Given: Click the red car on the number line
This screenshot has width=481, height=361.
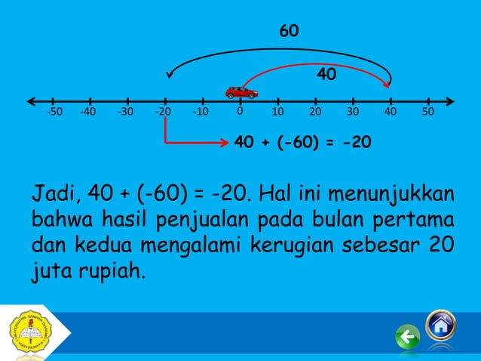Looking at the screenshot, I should [241, 92].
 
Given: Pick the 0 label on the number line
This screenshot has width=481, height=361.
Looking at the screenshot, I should [238, 111].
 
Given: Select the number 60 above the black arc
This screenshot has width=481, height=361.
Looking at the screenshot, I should [289, 32].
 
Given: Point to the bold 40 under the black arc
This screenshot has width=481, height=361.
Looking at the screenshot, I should [326, 75].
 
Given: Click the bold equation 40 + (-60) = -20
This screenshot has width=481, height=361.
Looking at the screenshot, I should [302, 142].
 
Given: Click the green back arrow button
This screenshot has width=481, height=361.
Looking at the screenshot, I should [408, 338].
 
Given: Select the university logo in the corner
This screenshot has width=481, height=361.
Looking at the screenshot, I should [28, 333].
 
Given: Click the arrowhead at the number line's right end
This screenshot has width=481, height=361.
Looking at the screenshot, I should [450, 100].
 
